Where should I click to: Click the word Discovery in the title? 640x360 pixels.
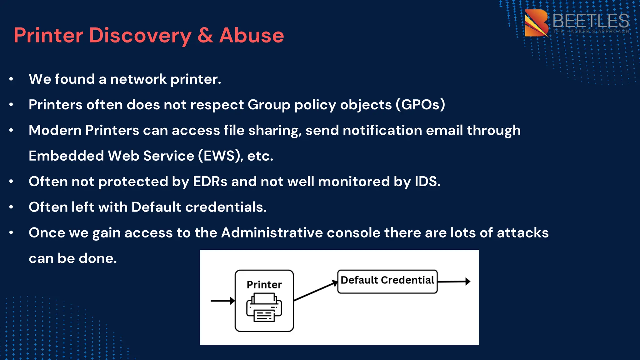tap(140, 35)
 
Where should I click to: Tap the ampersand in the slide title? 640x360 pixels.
tap(205, 35)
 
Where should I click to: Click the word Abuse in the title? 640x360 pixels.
tap(252, 35)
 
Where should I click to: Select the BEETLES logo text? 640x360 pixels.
tap(590, 21)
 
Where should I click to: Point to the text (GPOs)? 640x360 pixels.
tap(420, 105)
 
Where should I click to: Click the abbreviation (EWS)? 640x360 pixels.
tap(221, 156)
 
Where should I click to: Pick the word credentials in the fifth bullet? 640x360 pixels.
tap(226, 207)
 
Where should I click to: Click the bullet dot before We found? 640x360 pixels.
tap(11, 79)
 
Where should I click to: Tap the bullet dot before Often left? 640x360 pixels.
tap(11, 207)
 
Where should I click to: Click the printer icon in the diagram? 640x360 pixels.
tap(264, 308)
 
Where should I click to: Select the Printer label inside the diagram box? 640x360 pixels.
tap(264, 285)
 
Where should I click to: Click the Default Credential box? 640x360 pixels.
tap(387, 281)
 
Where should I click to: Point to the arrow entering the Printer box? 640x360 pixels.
tap(222, 301)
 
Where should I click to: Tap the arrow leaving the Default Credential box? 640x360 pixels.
tap(454, 282)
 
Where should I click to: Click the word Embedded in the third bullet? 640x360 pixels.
tap(66, 156)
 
